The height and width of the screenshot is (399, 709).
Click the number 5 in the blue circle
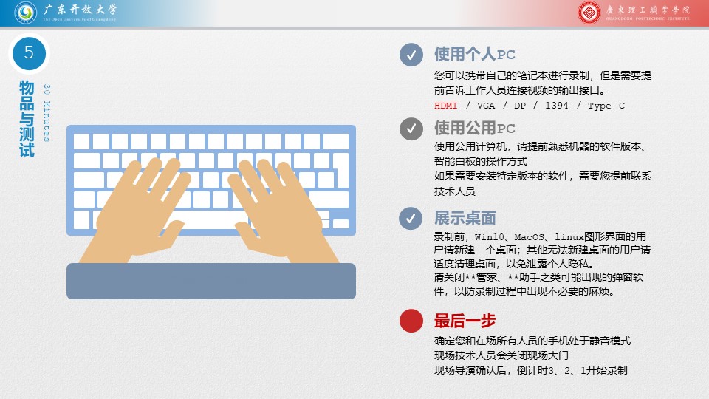[29, 53]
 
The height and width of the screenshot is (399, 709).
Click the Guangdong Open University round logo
[25, 13]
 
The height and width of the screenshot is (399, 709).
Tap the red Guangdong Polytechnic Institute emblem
[589, 13]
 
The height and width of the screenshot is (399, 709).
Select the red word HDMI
[446, 106]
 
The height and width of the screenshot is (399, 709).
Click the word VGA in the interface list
[486, 106]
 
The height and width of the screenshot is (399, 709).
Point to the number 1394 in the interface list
[557, 106]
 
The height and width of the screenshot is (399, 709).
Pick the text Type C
[606, 106]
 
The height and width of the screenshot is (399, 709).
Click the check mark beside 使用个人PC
[411, 55]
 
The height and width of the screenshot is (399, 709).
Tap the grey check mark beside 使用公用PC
[411, 129]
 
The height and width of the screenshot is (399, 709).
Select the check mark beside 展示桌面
[411, 219]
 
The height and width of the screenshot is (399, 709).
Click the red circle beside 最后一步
[411, 321]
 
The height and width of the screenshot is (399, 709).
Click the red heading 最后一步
[465, 321]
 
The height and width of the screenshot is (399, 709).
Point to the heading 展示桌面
[465, 218]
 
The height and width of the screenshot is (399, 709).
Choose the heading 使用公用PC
[474, 128]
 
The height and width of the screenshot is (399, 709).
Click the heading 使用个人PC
[474, 54]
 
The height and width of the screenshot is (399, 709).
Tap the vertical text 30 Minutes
[47, 113]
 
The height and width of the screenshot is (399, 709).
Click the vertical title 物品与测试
[27, 119]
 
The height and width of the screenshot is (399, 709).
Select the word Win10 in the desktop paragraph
[489, 236]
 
